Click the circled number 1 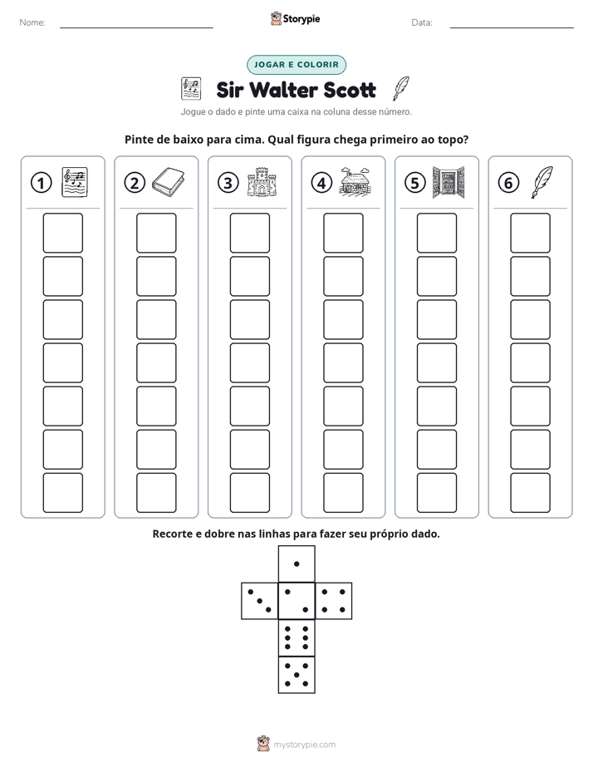(x=41, y=183)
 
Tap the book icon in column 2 (x=168, y=183)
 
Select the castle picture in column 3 (x=262, y=182)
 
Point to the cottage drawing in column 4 (x=355, y=182)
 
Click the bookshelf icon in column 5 (x=448, y=182)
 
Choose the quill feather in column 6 (x=542, y=182)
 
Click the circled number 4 (x=321, y=183)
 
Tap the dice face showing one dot (x=296, y=564)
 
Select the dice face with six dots (x=296, y=638)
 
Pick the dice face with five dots (x=296, y=675)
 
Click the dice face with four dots (x=334, y=601)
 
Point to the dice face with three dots (x=259, y=601)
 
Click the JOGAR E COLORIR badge (x=296, y=65)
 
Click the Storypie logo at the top (x=296, y=18)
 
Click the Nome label (x=32, y=22)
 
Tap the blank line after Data (x=512, y=27)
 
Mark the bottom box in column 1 (x=62, y=493)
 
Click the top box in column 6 (x=531, y=233)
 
